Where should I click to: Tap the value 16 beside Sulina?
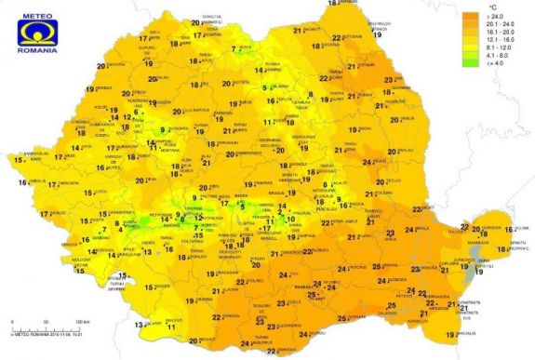point(509,228)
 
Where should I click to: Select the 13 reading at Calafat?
point(138,325)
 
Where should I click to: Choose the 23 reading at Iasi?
point(388,83)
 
